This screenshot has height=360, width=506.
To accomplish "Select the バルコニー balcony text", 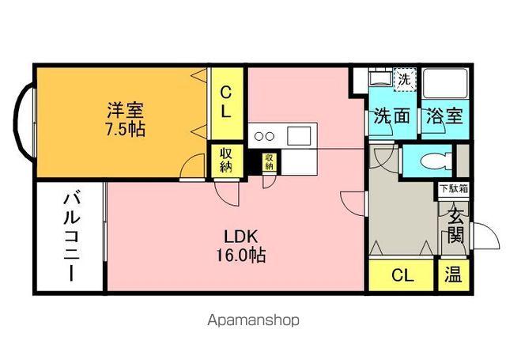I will [69, 237].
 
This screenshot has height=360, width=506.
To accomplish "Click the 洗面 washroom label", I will [391, 116].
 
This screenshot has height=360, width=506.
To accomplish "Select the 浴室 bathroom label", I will [445, 116].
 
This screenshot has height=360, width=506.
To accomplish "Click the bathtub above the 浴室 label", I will [445, 82].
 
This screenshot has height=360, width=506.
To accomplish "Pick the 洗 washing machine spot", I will [402, 80].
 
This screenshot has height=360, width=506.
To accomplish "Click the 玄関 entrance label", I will [456, 224].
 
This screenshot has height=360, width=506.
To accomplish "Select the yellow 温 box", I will [454, 276].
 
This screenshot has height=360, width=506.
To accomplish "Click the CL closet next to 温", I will [402, 276].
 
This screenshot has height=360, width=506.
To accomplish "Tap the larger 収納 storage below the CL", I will [225, 159].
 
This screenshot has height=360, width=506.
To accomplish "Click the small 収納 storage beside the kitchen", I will [270, 161].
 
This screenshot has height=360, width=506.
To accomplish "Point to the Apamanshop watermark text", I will [253, 320].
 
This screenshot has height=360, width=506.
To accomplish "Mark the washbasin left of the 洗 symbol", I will [378, 81].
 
